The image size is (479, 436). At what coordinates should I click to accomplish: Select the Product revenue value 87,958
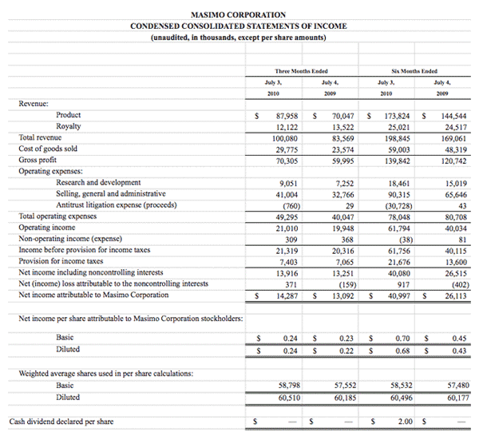(x=286, y=116)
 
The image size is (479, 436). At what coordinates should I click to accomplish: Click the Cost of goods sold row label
(x=48, y=149)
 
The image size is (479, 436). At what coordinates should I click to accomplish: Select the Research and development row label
(x=98, y=182)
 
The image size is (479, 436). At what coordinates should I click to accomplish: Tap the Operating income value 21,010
(x=286, y=228)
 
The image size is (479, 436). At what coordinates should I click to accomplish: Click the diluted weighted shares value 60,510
(x=286, y=397)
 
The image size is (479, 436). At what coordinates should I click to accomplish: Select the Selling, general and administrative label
(x=111, y=193)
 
